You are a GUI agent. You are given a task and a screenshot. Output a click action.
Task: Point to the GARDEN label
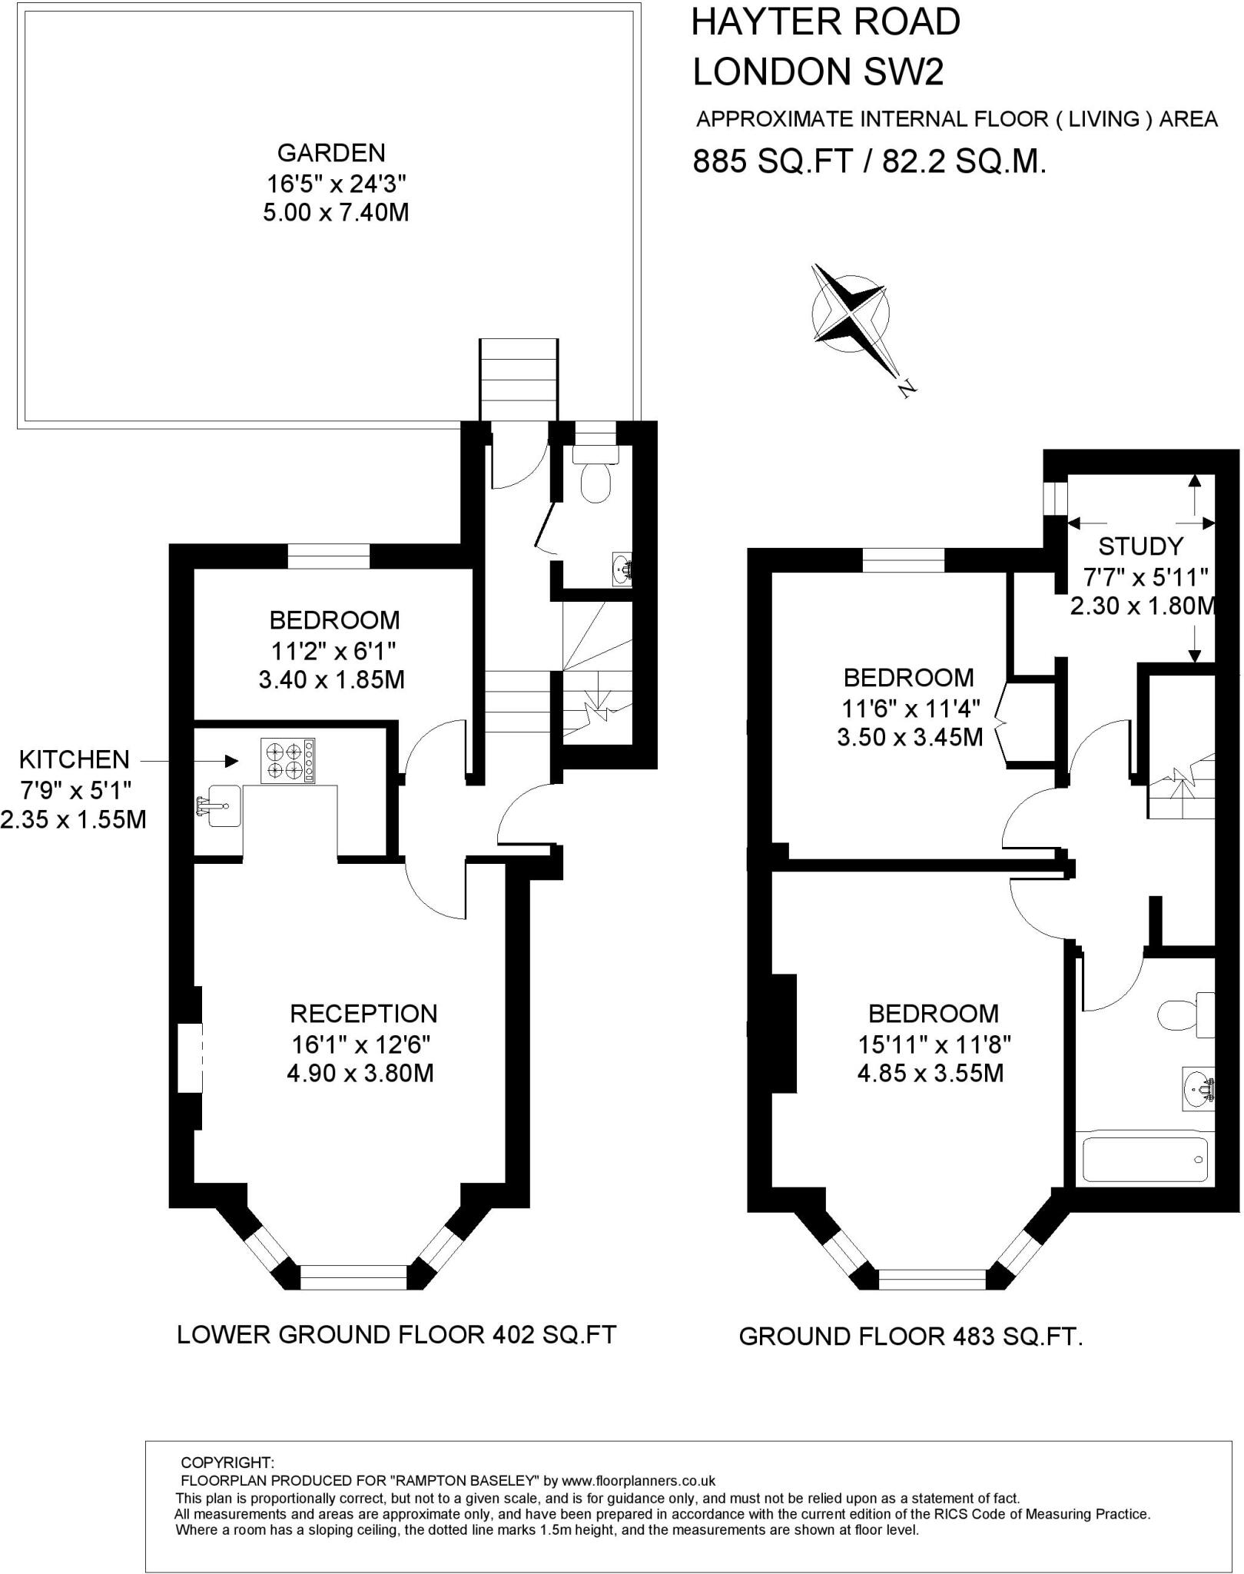point(331,153)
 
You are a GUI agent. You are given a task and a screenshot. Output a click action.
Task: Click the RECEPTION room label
point(363,1014)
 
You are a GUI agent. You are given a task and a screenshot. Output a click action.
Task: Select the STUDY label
point(1141,546)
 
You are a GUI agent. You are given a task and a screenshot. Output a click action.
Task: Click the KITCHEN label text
point(74,759)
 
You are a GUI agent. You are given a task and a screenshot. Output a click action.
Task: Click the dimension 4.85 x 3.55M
point(931,1073)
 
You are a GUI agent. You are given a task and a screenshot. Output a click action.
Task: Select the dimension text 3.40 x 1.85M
point(332,680)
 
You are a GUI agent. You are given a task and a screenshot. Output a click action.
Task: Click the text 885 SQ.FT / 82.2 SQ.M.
point(870,162)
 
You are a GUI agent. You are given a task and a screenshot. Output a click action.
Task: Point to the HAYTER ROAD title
point(826,22)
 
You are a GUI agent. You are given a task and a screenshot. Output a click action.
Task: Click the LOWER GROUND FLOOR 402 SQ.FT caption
point(396,1334)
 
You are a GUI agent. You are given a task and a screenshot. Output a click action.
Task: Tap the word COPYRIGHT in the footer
point(227,1462)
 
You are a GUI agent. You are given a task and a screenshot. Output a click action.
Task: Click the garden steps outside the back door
point(519,380)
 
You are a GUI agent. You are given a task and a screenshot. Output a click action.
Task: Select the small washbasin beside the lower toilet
point(623,569)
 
